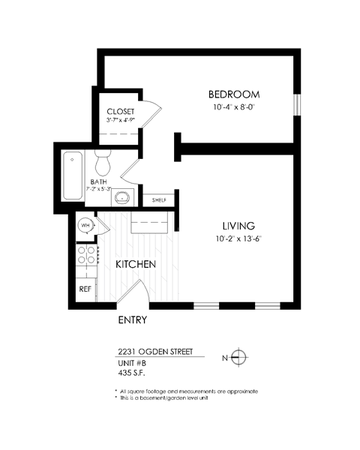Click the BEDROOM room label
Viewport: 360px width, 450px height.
tap(233, 94)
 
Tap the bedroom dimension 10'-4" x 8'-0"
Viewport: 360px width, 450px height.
tap(233, 107)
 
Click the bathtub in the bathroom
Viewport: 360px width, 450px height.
tap(72, 176)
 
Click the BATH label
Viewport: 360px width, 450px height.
tap(98, 181)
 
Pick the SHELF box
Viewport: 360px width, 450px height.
tap(159, 200)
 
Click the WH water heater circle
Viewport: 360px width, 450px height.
tap(86, 225)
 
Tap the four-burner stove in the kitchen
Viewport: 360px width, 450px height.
tap(86, 256)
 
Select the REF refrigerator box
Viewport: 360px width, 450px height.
tap(85, 288)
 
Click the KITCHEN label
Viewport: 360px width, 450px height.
tap(135, 265)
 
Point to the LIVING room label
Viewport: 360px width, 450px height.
tap(238, 226)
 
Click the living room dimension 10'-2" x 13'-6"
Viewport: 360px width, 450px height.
tap(238, 239)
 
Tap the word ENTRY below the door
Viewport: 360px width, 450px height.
tap(133, 320)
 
